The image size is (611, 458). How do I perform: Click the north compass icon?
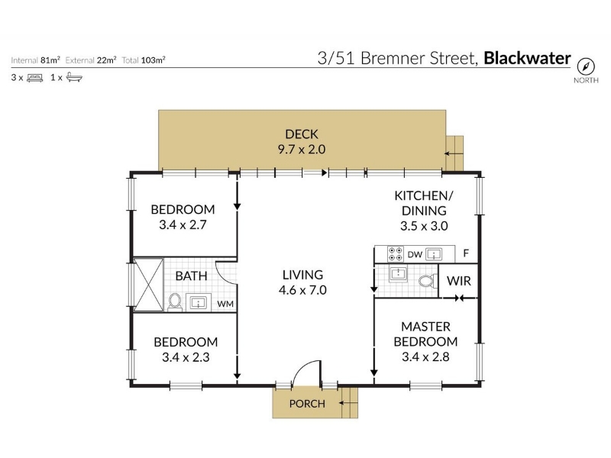586,66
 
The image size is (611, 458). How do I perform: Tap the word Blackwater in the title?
527,58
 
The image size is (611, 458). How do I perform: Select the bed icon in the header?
34,78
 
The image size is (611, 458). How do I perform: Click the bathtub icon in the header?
74,77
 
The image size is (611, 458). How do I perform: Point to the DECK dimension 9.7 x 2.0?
302,149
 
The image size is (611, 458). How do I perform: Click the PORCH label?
307,404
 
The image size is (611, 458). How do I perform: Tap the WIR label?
459,281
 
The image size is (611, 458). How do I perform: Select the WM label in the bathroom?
225,304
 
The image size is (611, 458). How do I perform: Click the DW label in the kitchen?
415,255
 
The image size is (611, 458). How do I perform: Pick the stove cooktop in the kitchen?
395,254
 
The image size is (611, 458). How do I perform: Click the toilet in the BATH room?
175,302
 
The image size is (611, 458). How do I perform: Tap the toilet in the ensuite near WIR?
428,281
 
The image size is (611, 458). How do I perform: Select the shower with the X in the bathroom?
148,285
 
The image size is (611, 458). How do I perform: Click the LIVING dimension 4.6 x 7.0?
302,290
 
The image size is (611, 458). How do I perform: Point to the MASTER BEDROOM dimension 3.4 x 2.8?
425,356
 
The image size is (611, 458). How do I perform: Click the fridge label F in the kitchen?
466,253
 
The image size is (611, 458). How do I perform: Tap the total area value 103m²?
154,60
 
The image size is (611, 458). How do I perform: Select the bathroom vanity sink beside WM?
199,302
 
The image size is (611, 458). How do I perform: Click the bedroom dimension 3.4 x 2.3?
186,357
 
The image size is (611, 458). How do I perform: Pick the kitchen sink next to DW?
434,255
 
